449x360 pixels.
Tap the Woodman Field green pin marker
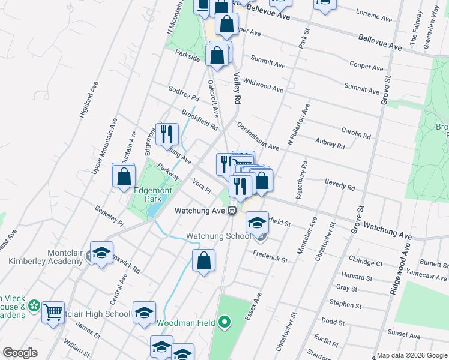point(224,323)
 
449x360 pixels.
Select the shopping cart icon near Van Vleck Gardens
point(53,312)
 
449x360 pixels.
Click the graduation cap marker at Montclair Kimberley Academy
point(102,252)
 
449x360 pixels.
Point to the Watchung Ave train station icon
point(231,211)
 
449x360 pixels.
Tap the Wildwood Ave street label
point(263,85)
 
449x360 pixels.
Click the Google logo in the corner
point(20,353)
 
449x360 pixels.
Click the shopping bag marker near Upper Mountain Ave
point(124,176)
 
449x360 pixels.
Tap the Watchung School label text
point(218,236)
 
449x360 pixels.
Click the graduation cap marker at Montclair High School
point(144,312)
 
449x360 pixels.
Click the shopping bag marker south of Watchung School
point(203,261)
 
